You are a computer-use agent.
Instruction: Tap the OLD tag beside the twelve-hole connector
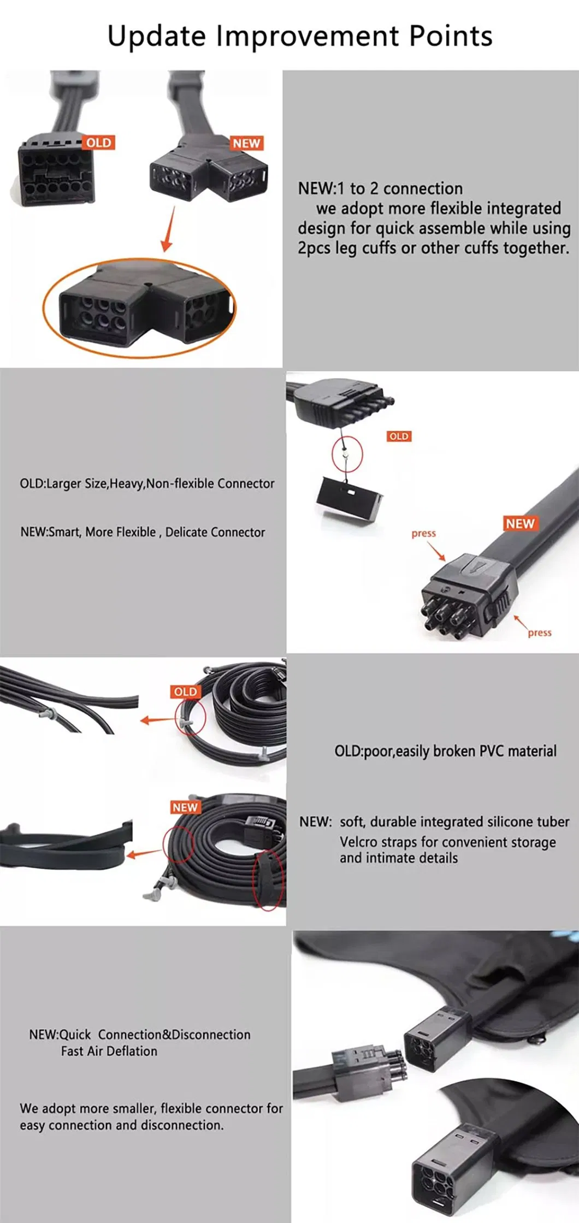coord(99,143)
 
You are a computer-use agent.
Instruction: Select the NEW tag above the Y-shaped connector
coord(246,143)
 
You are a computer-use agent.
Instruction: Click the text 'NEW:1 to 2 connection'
coord(380,188)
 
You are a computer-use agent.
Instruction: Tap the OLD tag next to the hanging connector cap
coord(399,436)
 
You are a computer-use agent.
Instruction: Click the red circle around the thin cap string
coord(347,453)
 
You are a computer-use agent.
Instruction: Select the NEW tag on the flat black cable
coord(520,523)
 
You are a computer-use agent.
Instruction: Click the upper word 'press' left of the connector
coord(424,533)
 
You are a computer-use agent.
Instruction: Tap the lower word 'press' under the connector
coord(540,633)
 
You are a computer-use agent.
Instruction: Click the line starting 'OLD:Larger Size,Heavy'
coord(147,483)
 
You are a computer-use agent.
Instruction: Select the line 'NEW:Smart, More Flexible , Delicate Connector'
coord(143,532)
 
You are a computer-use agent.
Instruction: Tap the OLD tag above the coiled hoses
coord(185,692)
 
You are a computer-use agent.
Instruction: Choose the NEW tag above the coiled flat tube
coord(185,807)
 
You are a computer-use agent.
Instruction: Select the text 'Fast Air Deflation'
coord(109,1051)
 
